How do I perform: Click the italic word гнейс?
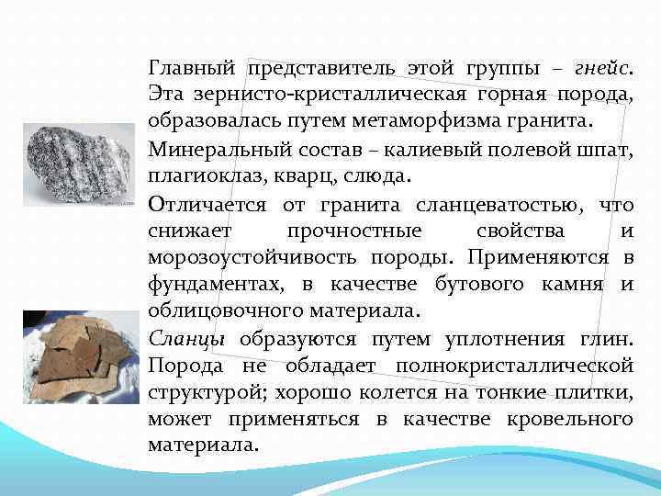click(x=600, y=67)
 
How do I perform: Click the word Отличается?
click(x=207, y=201)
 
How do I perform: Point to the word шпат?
click(x=607, y=147)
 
